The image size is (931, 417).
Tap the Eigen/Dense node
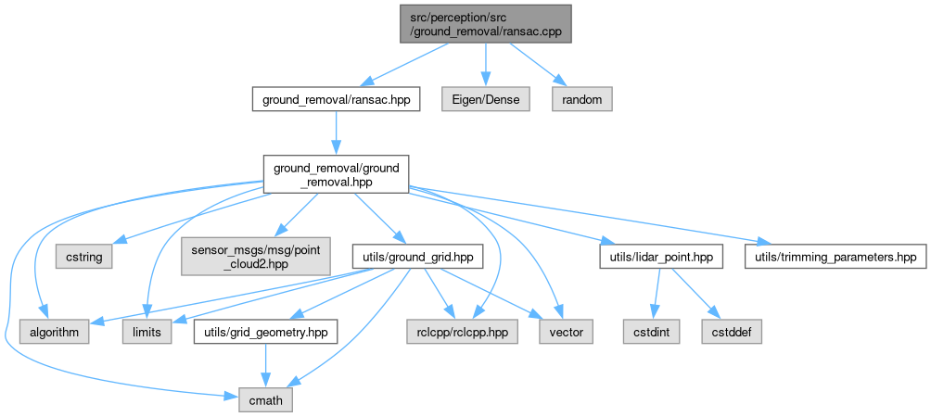pyautogui.click(x=486, y=98)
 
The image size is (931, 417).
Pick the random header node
pyautogui.click(x=582, y=98)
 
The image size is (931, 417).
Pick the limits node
pyautogui.click(x=147, y=331)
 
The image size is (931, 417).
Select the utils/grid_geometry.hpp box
pyautogui.click(x=264, y=331)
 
